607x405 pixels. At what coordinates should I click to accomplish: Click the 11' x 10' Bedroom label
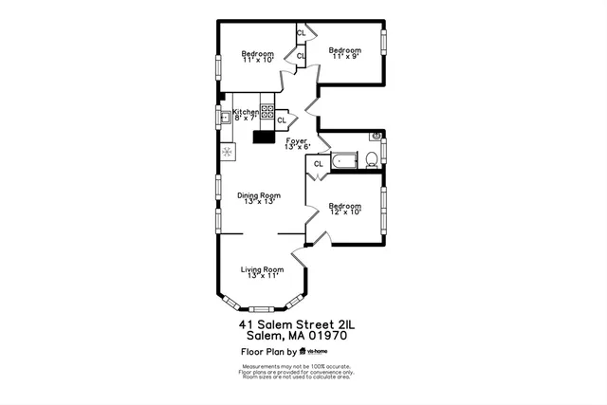pos(257,56)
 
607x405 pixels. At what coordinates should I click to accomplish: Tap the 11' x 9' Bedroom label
pos(345,53)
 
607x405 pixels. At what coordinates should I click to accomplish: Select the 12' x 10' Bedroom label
pos(345,209)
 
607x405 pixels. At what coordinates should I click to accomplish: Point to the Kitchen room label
pos(245,114)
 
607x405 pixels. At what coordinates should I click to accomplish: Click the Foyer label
pos(297,143)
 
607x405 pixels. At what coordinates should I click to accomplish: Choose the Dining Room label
pos(259,198)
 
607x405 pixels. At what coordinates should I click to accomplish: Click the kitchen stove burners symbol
pos(268,114)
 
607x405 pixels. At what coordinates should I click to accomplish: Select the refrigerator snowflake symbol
pos(227,152)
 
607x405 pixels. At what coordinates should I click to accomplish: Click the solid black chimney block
pos(263,136)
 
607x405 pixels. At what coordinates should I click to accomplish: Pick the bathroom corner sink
pos(377,137)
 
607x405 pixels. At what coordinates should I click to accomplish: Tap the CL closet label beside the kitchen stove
pos(282,120)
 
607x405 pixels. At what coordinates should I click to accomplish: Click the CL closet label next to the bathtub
pos(319,164)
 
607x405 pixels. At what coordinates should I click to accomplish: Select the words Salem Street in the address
pos(302,323)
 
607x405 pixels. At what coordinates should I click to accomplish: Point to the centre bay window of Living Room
pos(263,307)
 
